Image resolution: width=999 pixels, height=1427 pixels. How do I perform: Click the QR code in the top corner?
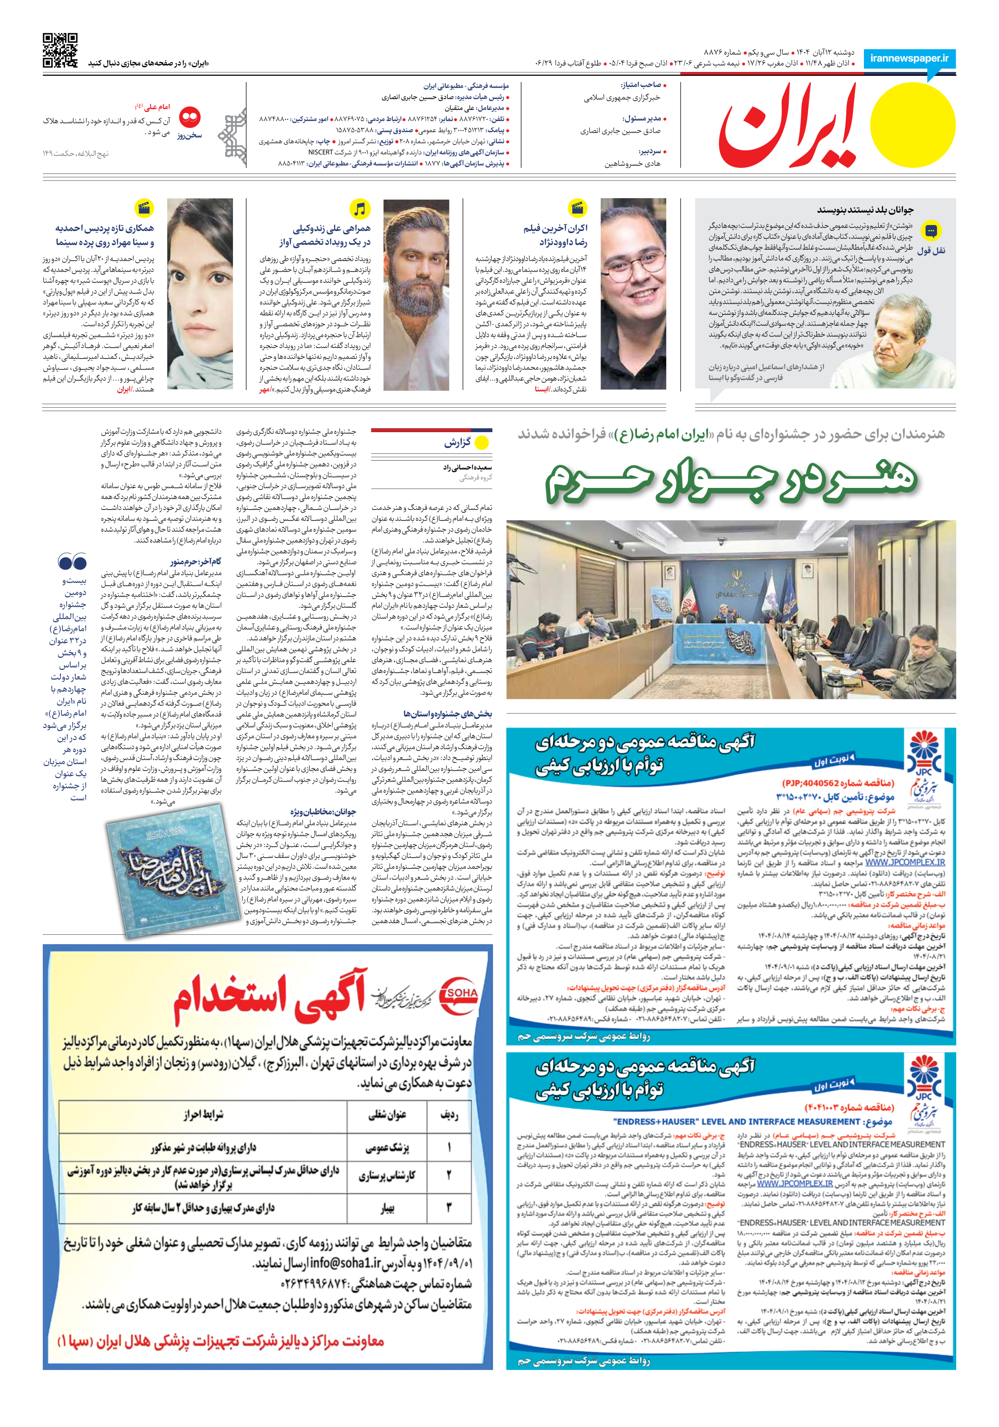click(x=60, y=50)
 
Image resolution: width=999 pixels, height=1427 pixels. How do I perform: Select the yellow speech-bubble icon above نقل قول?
click(x=931, y=232)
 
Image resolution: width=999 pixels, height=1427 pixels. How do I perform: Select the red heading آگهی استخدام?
click(x=269, y=996)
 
